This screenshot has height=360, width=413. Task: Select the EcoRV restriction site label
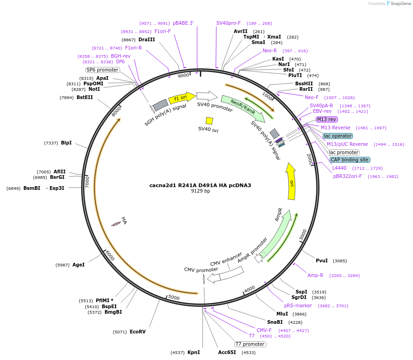pyautogui.click(x=138, y=332)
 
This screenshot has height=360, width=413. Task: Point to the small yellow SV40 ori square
pyautogui.click(x=209, y=121)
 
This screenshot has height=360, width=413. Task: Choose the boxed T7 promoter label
pyautogui.click(x=250, y=344)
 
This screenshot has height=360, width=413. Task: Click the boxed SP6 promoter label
pyautogui.click(x=103, y=70)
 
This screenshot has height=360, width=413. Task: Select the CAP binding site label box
pyautogui.click(x=350, y=160)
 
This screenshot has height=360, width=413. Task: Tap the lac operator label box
pyautogui.click(x=338, y=136)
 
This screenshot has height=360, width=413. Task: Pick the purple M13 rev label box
pyautogui.click(x=327, y=119)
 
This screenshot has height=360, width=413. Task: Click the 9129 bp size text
pyautogui.click(x=200, y=191)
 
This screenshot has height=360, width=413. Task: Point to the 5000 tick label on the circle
pyautogui.click(x=174, y=297)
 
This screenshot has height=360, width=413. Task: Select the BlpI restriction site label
pyautogui.click(x=66, y=143)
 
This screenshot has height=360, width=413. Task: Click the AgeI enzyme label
pyautogui.click(x=78, y=265)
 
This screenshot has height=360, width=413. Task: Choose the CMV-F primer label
pyautogui.click(x=264, y=330)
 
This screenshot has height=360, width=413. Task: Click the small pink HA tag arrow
pyautogui.click(x=116, y=223)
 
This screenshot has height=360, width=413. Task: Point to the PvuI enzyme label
pyautogui.click(x=322, y=260)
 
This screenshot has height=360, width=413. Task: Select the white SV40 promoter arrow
pyautogui.click(x=207, y=95)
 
